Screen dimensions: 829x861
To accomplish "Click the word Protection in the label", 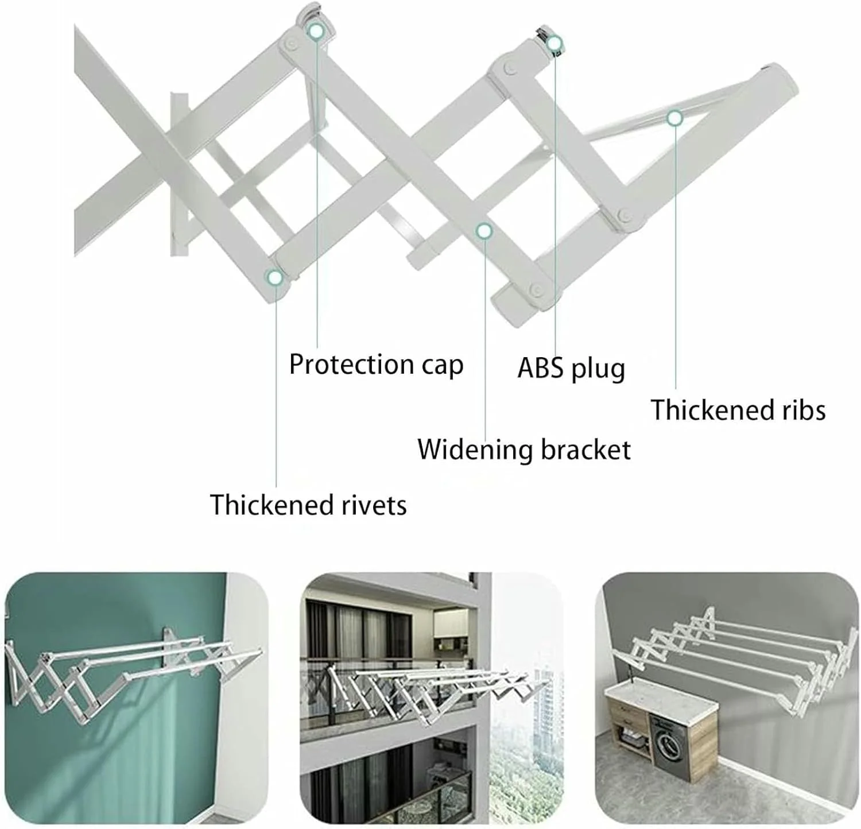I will pyautogui.click(x=351, y=365).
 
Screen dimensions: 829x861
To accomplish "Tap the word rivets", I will pyautogui.click(x=374, y=505).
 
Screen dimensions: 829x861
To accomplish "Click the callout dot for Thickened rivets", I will pyautogui.click(x=276, y=278).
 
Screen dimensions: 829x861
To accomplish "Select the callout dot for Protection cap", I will pyautogui.click(x=316, y=31).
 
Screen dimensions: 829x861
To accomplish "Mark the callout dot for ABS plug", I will pyautogui.click(x=554, y=44).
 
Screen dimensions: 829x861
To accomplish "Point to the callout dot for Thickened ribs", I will pyautogui.click(x=674, y=118).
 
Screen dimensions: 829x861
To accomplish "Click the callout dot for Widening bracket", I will pyautogui.click(x=484, y=231).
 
